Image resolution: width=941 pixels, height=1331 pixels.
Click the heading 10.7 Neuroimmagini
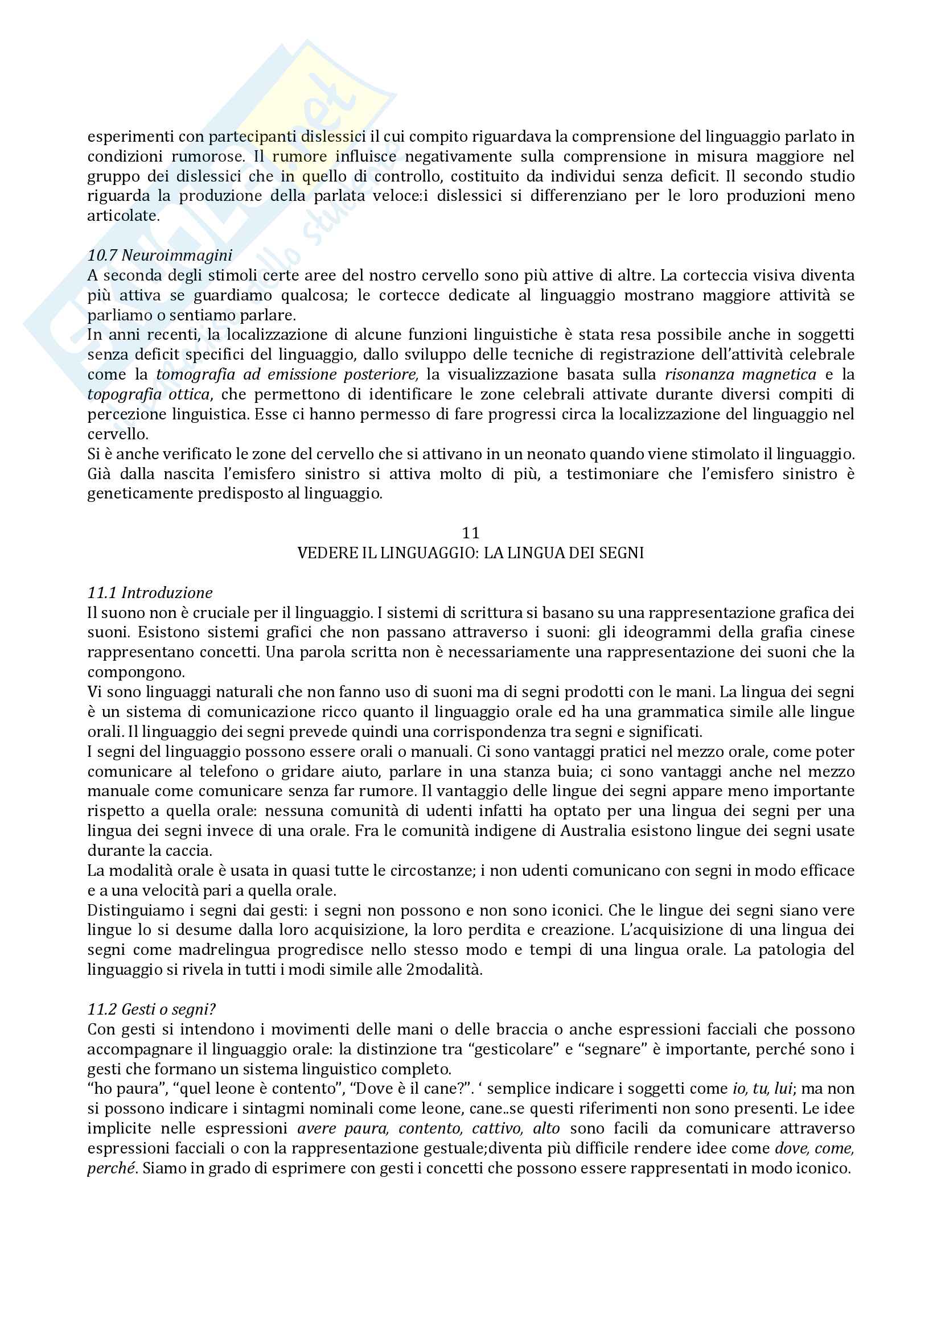click(x=159, y=255)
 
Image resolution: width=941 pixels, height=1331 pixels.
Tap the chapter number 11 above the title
click(x=470, y=533)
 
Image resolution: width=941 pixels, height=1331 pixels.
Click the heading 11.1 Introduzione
click(x=150, y=592)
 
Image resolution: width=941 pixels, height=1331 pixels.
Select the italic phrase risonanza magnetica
click(x=741, y=374)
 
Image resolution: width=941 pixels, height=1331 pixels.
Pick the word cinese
click(x=831, y=632)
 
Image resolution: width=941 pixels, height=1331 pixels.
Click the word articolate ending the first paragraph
click(x=122, y=216)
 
